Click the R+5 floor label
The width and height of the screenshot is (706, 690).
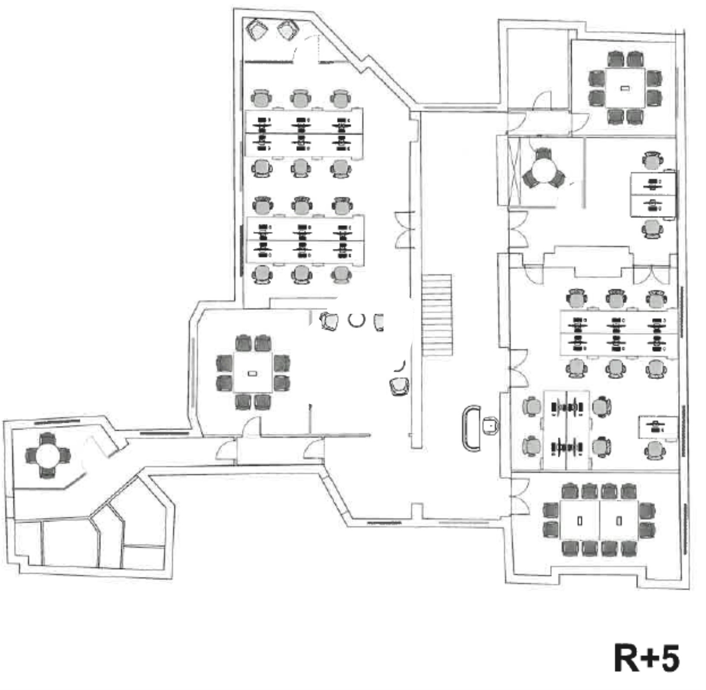click(x=646, y=658)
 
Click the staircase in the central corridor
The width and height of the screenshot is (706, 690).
click(x=437, y=315)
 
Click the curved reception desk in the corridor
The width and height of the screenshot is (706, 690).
click(x=472, y=428)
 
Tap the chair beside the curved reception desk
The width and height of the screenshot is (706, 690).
click(x=491, y=425)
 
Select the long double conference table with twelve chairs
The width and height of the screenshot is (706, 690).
click(x=599, y=520)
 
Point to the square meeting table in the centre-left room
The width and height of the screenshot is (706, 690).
click(x=253, y=372)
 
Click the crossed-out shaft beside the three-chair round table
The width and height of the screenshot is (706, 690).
click(x=514, y=171)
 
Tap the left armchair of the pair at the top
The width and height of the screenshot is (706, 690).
click(x=256, y=29)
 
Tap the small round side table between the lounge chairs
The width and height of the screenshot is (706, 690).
click(x=356, y=320)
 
